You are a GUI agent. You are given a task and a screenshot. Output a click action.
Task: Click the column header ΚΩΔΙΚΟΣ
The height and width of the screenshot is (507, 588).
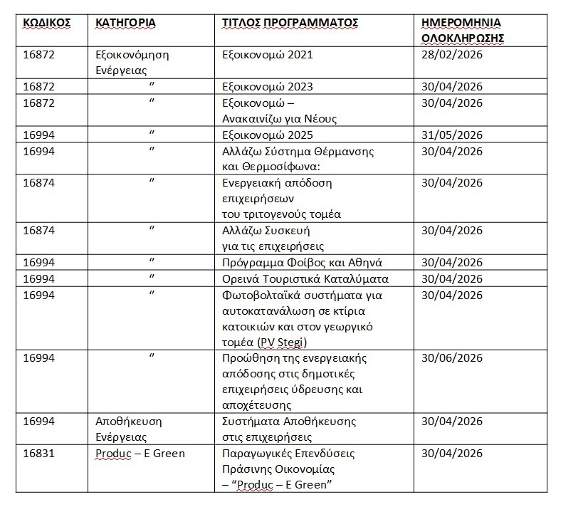(x=47, y=23)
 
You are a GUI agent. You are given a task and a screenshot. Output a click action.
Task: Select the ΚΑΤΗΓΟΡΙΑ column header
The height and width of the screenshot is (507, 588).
(x=125, y=23)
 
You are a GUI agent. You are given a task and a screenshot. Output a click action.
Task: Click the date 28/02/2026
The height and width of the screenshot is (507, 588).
(x=452, y=54)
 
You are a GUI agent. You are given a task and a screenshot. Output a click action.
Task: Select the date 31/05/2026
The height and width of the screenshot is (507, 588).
(x=452, y=135)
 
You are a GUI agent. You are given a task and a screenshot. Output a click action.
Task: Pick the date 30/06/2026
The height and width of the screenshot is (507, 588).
(x=452, y=358)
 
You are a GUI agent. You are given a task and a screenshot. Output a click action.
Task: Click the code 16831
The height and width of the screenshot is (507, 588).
(x=38, y=454)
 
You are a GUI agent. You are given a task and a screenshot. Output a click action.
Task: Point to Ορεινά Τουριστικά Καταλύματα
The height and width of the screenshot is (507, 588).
(x=306, y=278)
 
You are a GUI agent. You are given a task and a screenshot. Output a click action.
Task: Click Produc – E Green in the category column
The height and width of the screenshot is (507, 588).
(x=140, y=454)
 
